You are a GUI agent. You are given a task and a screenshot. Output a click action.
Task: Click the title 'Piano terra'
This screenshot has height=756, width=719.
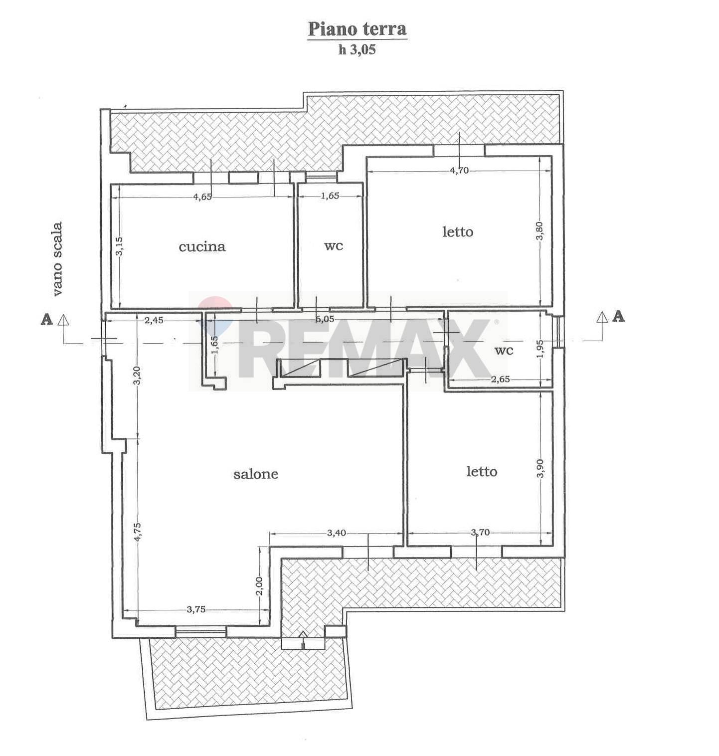357,29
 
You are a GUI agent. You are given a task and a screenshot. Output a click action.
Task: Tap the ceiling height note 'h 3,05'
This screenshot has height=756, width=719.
357,50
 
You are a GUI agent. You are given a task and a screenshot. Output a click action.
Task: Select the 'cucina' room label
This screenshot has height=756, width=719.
202,246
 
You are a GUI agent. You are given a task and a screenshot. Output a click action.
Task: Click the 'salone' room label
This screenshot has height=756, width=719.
256,474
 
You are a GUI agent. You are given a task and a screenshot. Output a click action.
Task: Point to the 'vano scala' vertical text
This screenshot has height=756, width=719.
58,259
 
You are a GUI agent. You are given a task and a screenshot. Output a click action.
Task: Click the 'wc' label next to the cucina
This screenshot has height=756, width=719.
334,245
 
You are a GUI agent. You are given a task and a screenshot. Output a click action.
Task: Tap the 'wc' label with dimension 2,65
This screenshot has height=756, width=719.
504,350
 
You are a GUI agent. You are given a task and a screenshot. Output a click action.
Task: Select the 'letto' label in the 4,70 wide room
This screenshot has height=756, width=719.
458,232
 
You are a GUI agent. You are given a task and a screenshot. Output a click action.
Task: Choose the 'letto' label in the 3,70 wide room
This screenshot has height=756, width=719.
482,471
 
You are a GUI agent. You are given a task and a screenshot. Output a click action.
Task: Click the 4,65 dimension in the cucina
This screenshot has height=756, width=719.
202,196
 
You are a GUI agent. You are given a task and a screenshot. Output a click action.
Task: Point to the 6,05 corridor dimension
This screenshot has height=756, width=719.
325,320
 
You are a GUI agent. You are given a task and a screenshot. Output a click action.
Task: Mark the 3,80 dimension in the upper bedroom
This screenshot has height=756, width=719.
540,230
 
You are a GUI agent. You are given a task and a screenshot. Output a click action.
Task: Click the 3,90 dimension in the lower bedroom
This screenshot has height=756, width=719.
540,468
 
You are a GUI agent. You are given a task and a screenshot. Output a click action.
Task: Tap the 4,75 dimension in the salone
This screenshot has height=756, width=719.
138,532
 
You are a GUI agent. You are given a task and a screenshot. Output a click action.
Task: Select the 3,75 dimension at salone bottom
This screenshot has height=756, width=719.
196,609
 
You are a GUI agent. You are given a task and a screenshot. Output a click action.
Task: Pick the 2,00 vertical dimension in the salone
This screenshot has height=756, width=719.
259,585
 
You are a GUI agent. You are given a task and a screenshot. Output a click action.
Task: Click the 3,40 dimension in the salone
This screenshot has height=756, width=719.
337,533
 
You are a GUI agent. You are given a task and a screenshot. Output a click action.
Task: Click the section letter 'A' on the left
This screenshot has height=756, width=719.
46,319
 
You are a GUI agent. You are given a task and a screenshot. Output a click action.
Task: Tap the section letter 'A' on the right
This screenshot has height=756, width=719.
618,316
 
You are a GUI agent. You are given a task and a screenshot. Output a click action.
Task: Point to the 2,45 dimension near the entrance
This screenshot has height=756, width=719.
154,321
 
